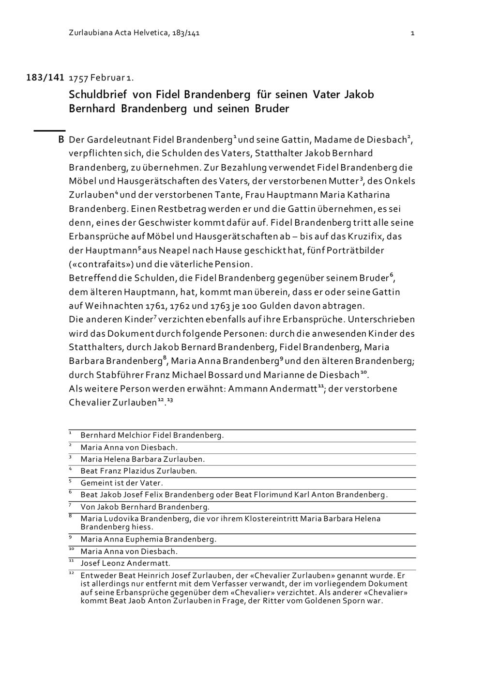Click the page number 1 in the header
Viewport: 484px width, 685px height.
pos(412,33)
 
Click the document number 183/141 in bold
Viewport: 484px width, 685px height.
pos(45,77)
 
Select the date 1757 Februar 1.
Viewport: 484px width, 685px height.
pos(101,78)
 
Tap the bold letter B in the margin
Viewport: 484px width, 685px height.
pos(61,140)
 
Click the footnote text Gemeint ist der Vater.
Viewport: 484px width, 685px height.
pos(121,483)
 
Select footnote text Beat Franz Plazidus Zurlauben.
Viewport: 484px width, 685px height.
pos(138,471)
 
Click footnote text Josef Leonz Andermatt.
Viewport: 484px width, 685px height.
pos(125,563)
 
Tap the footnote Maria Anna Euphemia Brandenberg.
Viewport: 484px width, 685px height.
pos(148,539)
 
